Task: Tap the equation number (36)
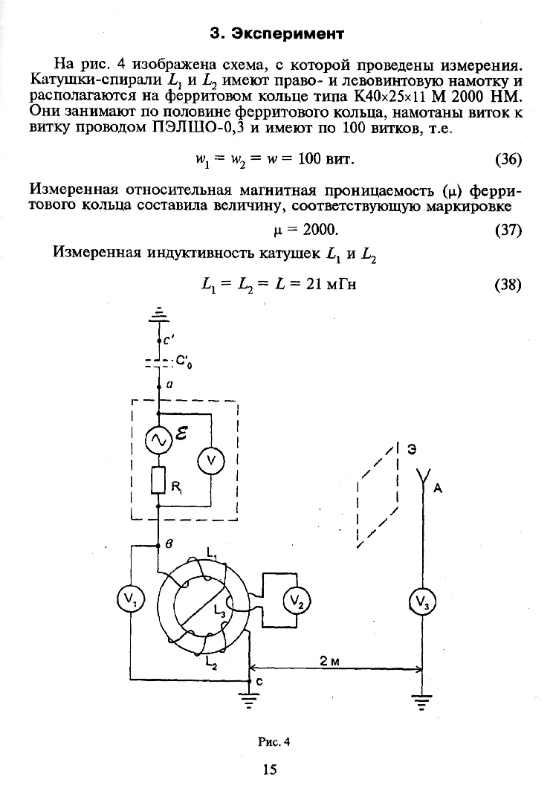coord(508,160)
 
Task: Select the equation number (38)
coord(508,285)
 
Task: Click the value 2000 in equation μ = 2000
coord(321,228)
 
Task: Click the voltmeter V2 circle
coord(297,599)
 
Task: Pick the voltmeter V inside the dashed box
coord(210,462)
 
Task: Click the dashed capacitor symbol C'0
coord(159,364)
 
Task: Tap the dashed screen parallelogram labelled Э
coord(378,496)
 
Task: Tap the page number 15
coord(270,770)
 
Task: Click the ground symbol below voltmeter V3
coord(422,702)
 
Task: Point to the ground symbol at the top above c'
coord(159,316)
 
